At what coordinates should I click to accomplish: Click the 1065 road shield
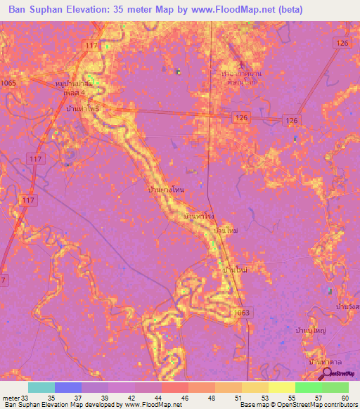[x=8, y=83]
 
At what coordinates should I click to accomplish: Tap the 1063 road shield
[x=240, y=312]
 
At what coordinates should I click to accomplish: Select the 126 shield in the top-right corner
[x=342, y=44]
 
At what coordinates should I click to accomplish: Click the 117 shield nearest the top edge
[x=90, y=46]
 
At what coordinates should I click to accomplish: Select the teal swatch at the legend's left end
[x=41, y=387]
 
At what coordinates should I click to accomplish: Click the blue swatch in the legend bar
[x=68, y=387]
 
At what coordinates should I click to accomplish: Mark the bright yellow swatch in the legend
[x=281, y=387]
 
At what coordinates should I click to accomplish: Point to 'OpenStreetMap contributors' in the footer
[x=316, y=404]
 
